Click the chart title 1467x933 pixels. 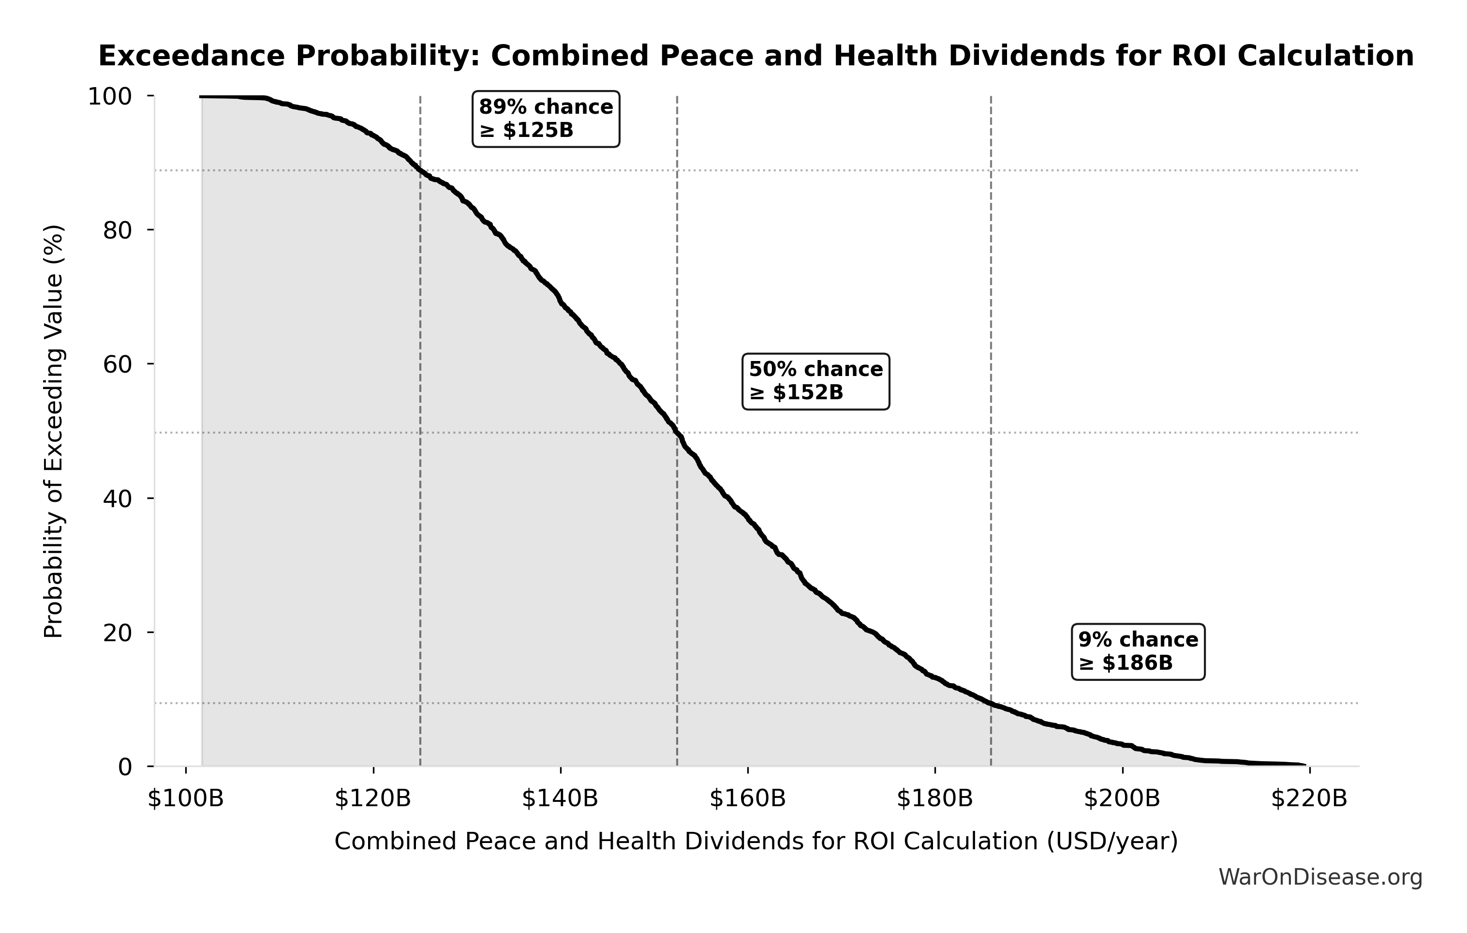pos(756,56)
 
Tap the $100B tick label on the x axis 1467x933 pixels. pos(186,798)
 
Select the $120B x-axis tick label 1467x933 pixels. pos(373,798)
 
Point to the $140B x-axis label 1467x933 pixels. pos(560,798)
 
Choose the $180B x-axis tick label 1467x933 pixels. pos(934,798)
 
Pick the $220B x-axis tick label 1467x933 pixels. pos(1309,798)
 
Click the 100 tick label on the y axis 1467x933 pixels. pos(110,96)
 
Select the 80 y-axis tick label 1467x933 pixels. pos(117,230)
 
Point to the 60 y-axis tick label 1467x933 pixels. pos(117,364)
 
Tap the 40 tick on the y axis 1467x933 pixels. pos(117,498)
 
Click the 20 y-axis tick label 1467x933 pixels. pos(117,632)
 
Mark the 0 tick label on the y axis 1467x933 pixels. pos(125,767)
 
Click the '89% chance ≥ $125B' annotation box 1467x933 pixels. pos(546,119)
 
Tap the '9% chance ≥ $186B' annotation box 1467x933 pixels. pos(1138,651)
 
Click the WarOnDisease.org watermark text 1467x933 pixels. pos(1320,877)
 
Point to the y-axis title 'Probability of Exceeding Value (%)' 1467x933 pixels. pos(54,432)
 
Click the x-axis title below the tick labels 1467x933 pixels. pos(756,842)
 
